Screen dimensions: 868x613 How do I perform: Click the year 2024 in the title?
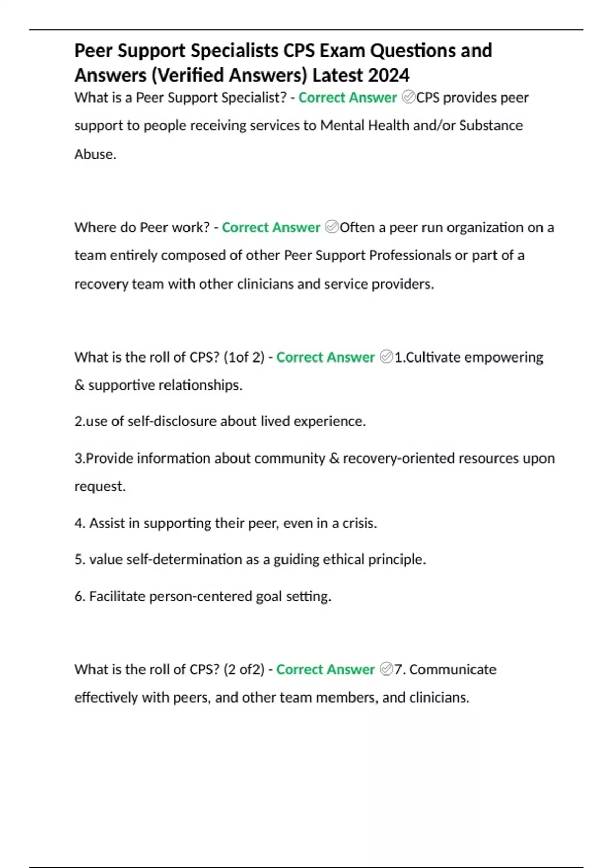click(388, 76)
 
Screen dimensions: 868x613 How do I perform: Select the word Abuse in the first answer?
click(95, 154)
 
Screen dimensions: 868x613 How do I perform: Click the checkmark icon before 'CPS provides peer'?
click(408, 97)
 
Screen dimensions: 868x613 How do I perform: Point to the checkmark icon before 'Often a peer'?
click(332, 227)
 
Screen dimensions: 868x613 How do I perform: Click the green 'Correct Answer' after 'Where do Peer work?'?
click(271, 227)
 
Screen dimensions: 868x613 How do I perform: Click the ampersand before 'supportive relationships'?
click(79, 385)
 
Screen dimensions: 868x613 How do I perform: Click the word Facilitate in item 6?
click(117, 596)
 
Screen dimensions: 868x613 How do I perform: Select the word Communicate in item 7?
click(453, 669)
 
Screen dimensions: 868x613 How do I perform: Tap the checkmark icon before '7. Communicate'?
click(387, 669)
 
